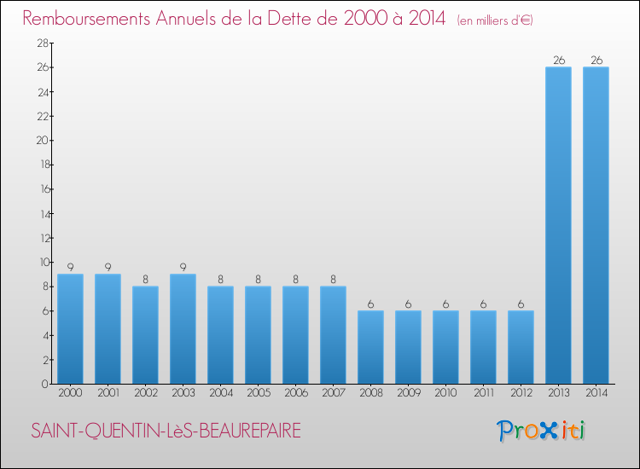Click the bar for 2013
[x=558, y=225]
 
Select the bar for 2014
[x=596, y=225]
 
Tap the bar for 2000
[x=70, y=329]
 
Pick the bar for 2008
[x=370, y=347]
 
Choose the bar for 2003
[x=183, y=329]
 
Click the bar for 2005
[x=258, y=335]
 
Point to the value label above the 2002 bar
[x=145, y=279]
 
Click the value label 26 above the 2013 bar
[x=558, y=60]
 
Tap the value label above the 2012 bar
[x=521, y=304]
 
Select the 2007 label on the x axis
[x=333, y=394]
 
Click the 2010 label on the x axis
[x=445, y=394]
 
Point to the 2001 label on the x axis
[x=108, y=394]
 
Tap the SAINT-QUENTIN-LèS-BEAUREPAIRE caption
[x=166, y=431]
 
